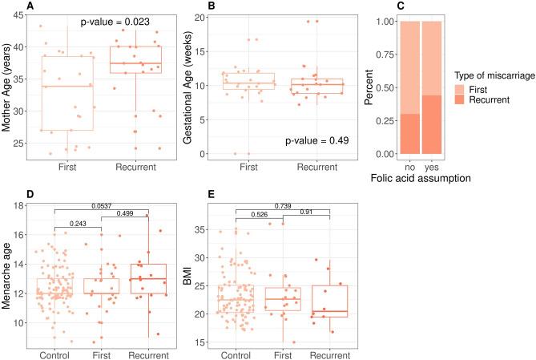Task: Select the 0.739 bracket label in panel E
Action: point(284,206)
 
